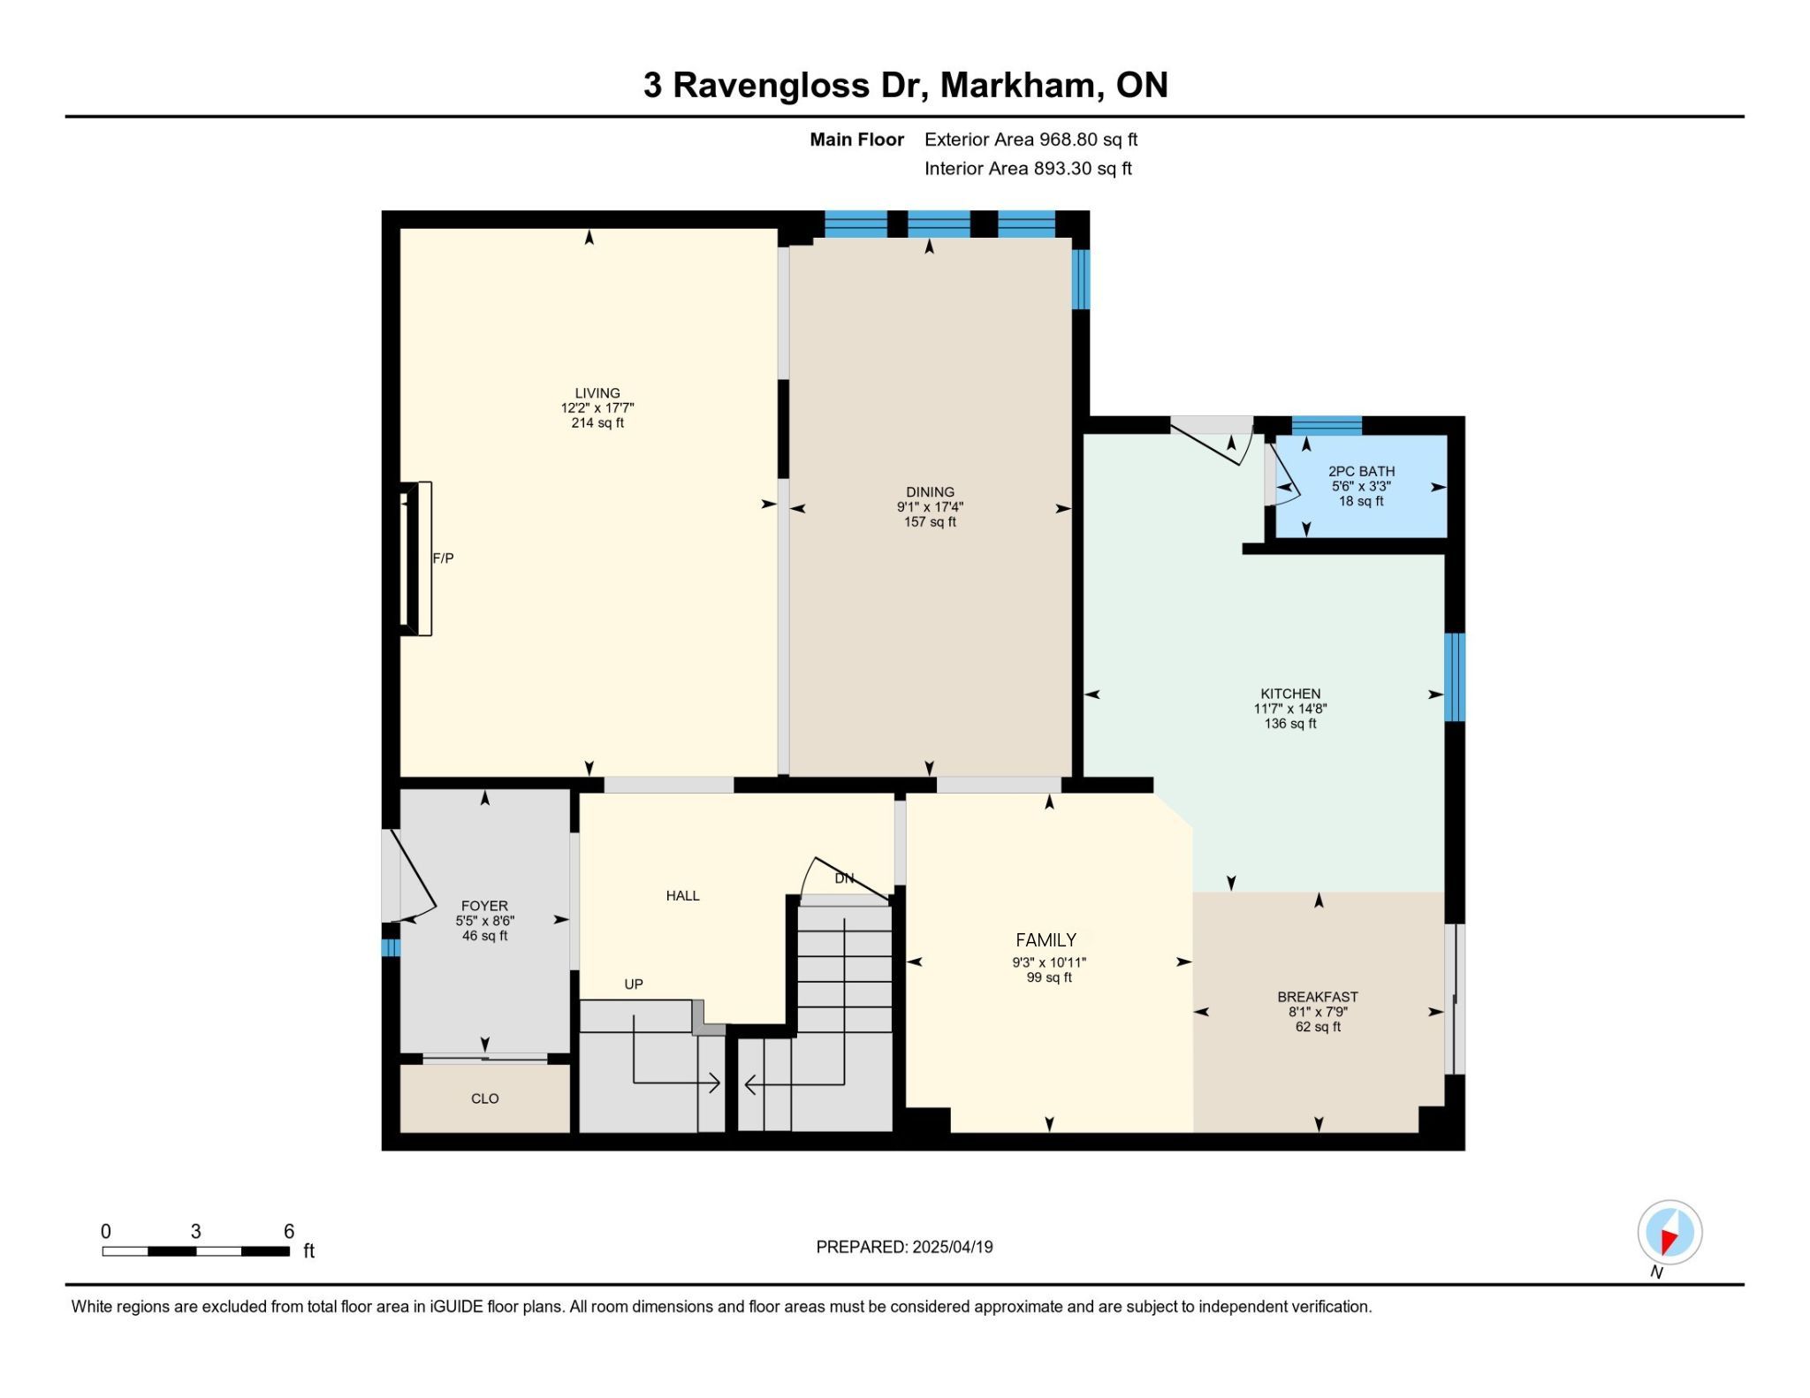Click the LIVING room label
[597, 393]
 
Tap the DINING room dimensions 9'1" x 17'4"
[930, 507]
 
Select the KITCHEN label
[1290, 694]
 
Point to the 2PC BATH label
[1361, 471]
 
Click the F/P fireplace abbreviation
[443, 558]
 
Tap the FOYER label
[484, 906]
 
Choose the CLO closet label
[485, 1098]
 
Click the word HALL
[682, 895]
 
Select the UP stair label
[634, 984]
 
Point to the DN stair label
[844, 878]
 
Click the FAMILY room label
[1046, 940]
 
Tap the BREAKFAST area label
[1318, 997]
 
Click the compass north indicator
[1669, 1233]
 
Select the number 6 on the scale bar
[289, 1231]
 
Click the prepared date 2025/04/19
[953, 1247]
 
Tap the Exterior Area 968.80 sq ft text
[1030, 140]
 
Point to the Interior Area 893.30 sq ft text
[1028, 169]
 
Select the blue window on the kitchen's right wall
[1455, 677]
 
